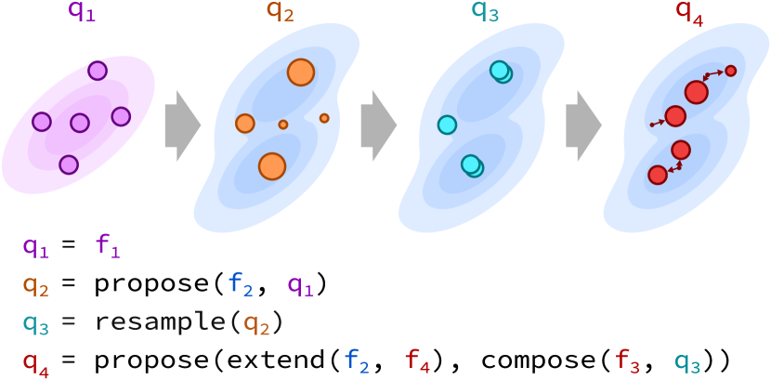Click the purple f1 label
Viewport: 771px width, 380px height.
(108, 246)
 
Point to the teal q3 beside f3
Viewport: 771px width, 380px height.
(687, 362)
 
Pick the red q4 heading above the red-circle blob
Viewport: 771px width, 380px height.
(689, 11)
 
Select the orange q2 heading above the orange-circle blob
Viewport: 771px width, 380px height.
(281, 11)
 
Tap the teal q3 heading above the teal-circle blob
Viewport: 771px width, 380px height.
(485, 11)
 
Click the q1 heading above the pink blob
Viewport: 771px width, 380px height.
(82, 11)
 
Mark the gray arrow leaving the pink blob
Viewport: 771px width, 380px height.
(182, 125)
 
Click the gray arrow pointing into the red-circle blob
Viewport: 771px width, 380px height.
(583, 125)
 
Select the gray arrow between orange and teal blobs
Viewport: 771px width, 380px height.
(378, 125)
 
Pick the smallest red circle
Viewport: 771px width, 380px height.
(731, 71)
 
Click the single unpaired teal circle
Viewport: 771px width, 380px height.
(447, 124)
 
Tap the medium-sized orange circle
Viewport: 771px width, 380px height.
(245, 124)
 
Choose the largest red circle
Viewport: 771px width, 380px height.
(697, 92)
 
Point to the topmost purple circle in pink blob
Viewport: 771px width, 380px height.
(98, 71)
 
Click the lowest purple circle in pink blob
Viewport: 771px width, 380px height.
(69, 164)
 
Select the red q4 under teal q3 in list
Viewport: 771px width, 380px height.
(35, 362)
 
